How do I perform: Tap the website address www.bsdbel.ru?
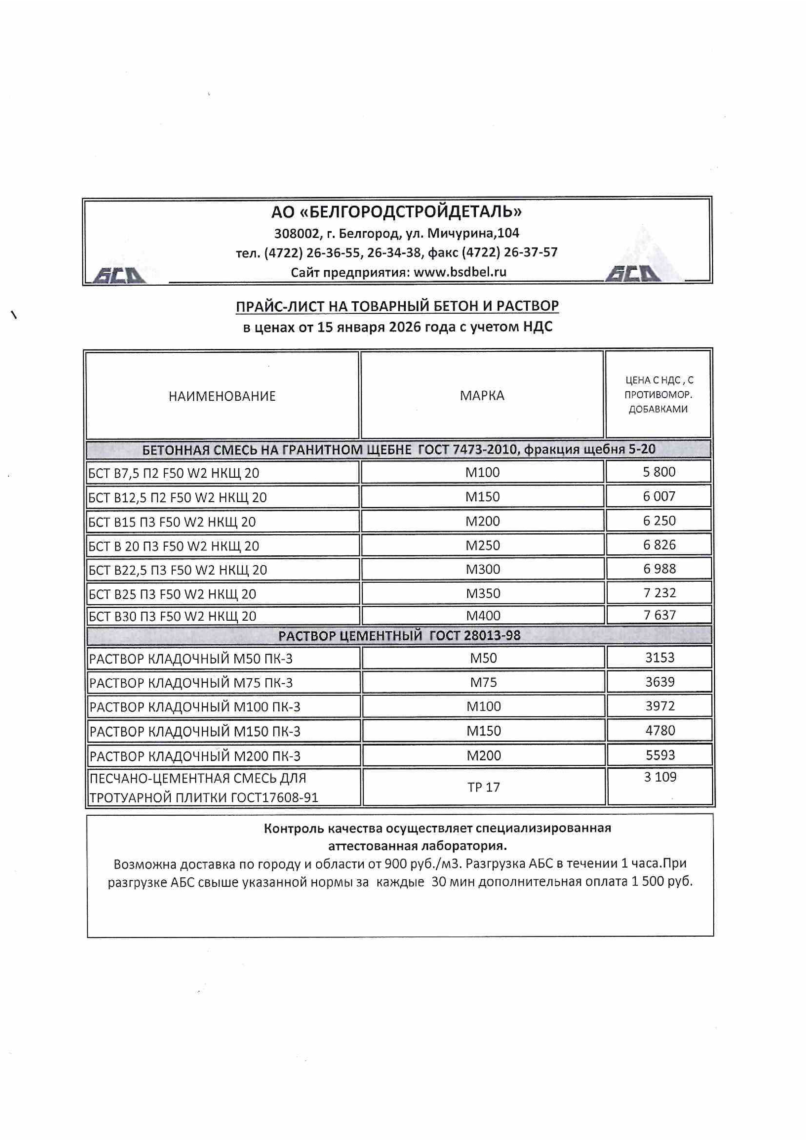tap(459, 272)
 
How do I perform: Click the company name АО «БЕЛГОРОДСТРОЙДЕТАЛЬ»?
tap(396, 212)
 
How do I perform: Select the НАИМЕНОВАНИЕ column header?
tap(222, 396)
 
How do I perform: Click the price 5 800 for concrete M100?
tap(659, 472)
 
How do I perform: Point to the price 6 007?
tap(659, 496)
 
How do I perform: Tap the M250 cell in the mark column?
tap(482, 545)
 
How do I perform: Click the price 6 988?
tap(659, 568)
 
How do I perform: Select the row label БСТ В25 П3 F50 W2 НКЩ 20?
tap(172, 594)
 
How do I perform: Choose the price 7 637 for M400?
tap(659, 615)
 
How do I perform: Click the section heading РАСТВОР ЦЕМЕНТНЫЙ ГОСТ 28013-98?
tap(399, 636)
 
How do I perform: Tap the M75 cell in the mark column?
tap(483, 682)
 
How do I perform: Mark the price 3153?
tap(659, 658)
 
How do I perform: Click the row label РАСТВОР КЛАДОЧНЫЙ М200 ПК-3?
tap(195, 756)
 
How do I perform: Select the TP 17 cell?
tap(483, 787)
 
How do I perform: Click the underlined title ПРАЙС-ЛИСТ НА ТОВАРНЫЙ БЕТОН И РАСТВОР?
tap(397, 306)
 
